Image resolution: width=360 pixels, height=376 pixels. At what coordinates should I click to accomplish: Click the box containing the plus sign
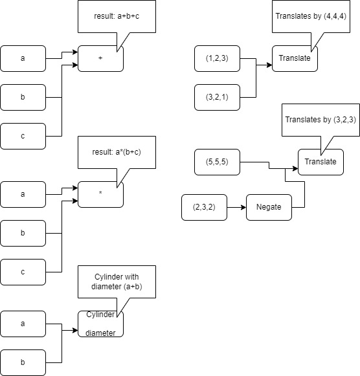[100, 58]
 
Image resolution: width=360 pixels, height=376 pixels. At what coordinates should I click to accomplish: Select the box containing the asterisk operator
[100, 194]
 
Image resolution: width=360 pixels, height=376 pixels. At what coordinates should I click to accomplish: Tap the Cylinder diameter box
[100, 324]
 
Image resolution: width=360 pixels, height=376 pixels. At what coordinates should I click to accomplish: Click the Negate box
[269, 207]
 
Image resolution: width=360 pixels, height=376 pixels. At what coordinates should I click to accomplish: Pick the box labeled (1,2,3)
[217, 58]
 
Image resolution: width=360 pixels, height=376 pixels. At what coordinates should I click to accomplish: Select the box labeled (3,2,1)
[217, 97]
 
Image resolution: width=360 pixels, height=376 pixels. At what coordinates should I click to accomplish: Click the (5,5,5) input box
[217, 162]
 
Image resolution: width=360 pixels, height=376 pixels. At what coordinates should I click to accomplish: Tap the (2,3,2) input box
[204, 207]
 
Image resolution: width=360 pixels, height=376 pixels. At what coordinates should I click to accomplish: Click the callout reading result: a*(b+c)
[117, 151]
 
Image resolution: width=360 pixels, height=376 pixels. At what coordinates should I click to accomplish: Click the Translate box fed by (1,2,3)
[295, 58]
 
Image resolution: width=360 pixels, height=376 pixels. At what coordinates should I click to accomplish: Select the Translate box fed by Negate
[321, 162]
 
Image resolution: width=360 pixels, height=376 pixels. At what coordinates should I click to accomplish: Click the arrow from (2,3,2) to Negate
[236, 207]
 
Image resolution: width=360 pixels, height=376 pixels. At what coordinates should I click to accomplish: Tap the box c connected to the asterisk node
[23, 272]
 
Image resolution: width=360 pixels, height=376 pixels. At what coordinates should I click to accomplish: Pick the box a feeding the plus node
[23, 58]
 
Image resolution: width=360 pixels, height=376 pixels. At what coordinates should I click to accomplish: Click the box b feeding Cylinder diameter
[23, 362]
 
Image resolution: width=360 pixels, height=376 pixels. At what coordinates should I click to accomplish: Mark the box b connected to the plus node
[23, 97]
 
